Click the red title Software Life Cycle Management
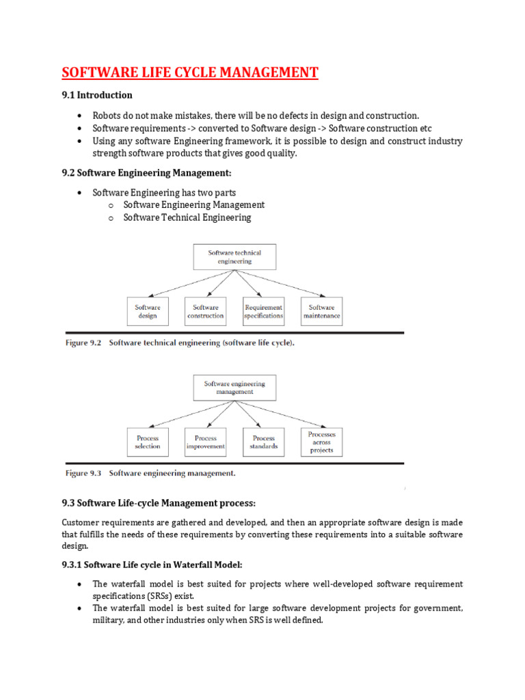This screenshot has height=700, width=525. (190, 72)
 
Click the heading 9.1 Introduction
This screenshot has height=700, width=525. (97, 95)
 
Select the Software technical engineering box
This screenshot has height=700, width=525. (234, 257)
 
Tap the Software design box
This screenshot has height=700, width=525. (147, 311)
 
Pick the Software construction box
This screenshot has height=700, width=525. (205, 311)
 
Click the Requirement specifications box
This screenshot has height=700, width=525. (263, 311)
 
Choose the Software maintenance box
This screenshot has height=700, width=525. (321, 311)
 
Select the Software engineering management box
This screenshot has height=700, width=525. (234, 388)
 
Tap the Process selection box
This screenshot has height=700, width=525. (147, 442)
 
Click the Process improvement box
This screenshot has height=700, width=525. (205, 442)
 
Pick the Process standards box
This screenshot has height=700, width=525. (263, 442)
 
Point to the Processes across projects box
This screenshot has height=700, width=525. (321, 442)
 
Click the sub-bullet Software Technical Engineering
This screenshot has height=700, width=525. (187, 217)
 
